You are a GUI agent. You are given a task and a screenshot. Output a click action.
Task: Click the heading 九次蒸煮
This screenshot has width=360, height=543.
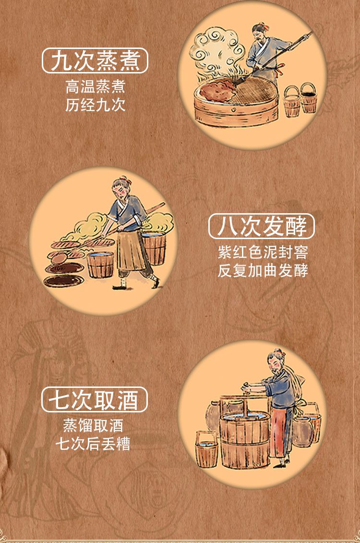[x=95, y=60]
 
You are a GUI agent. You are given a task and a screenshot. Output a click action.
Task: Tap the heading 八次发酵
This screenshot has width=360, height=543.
[x=262, y=226]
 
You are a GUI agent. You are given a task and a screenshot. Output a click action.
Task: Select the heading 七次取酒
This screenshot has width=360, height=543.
[x=94, y=399]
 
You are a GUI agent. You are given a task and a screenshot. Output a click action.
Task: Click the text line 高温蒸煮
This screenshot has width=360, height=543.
[x=95, y=86]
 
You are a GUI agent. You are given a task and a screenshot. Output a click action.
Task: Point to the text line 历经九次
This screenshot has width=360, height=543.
[x=95, y=105]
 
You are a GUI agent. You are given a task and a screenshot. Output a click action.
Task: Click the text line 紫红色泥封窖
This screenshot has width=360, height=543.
[x=263, y=252]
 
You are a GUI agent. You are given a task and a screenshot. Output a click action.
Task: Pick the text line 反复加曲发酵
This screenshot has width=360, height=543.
[x=263, y=270]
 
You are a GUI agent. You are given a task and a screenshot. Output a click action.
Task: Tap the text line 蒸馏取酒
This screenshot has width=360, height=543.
[x=93, y=425]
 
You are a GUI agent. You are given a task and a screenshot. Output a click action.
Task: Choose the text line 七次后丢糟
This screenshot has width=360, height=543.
[x=93, y=443]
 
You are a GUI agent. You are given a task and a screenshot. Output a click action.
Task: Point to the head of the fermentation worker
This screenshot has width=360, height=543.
[x=121, y=187]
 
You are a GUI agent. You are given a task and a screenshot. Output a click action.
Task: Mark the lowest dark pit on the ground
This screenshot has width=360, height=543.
[x=64, y=280]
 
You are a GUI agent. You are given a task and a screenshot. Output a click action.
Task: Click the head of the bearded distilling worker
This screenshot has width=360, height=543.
[x=276, y=362]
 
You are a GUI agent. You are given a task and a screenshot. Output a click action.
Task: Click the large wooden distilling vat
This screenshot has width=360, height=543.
[x=245, y=438]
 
